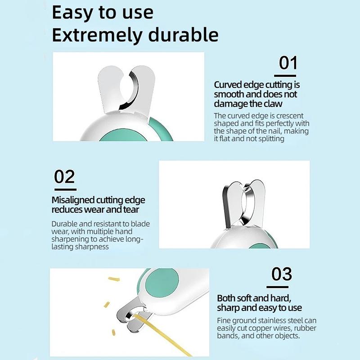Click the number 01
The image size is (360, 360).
288,63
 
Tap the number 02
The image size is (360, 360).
64,176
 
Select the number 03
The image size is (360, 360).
282,274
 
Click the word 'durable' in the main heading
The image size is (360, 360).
183,35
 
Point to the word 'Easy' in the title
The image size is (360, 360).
72,13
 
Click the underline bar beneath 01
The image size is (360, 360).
285,76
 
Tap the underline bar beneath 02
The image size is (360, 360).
65,189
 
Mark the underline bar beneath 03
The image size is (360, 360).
277,287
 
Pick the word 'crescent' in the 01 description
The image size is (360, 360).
289,116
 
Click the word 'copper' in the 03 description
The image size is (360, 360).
261,328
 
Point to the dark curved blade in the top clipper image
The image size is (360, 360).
130,91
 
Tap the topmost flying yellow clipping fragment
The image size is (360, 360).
114,279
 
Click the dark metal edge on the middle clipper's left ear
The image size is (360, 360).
226,207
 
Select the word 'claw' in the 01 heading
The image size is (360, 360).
273,104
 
